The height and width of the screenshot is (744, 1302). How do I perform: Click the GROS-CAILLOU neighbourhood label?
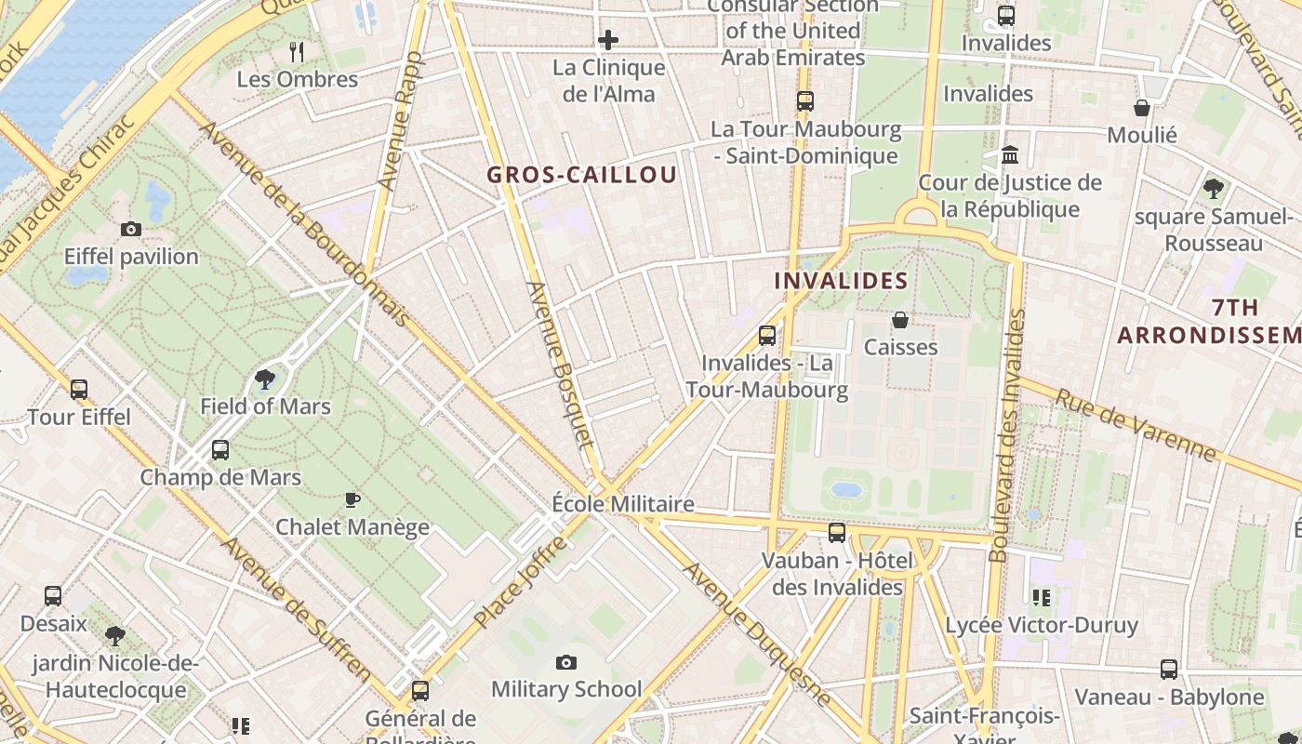pos(582,175)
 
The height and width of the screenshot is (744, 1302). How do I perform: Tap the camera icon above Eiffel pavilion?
pos(131,229)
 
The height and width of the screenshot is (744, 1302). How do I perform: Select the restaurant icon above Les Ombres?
pos(297,51)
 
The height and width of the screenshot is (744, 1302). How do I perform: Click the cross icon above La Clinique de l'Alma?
pos(608,40)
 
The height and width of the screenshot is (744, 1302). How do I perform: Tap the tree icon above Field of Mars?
pos(265,379)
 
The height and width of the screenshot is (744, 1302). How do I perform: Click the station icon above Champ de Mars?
pos(220,450)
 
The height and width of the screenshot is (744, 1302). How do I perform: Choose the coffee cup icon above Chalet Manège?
pos(352,499)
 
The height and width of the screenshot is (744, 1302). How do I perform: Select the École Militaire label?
pos(622,504)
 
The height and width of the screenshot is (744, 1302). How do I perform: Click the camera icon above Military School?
pos(565,662)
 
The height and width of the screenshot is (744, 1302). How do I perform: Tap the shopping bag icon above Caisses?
pos(900,320)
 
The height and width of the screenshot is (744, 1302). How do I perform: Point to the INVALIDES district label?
pos(841,281)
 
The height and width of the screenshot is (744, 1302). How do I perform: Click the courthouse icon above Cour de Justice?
pos(1010,155)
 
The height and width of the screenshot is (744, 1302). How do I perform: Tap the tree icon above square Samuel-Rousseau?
pos(1213,189)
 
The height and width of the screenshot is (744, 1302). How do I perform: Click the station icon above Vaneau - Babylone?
pos(1169,670)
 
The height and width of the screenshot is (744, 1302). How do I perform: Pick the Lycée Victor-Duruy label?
pos(1041,625)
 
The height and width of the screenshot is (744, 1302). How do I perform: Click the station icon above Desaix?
pos(53,596)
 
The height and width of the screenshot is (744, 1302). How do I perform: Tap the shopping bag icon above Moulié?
pos(1142,108)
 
